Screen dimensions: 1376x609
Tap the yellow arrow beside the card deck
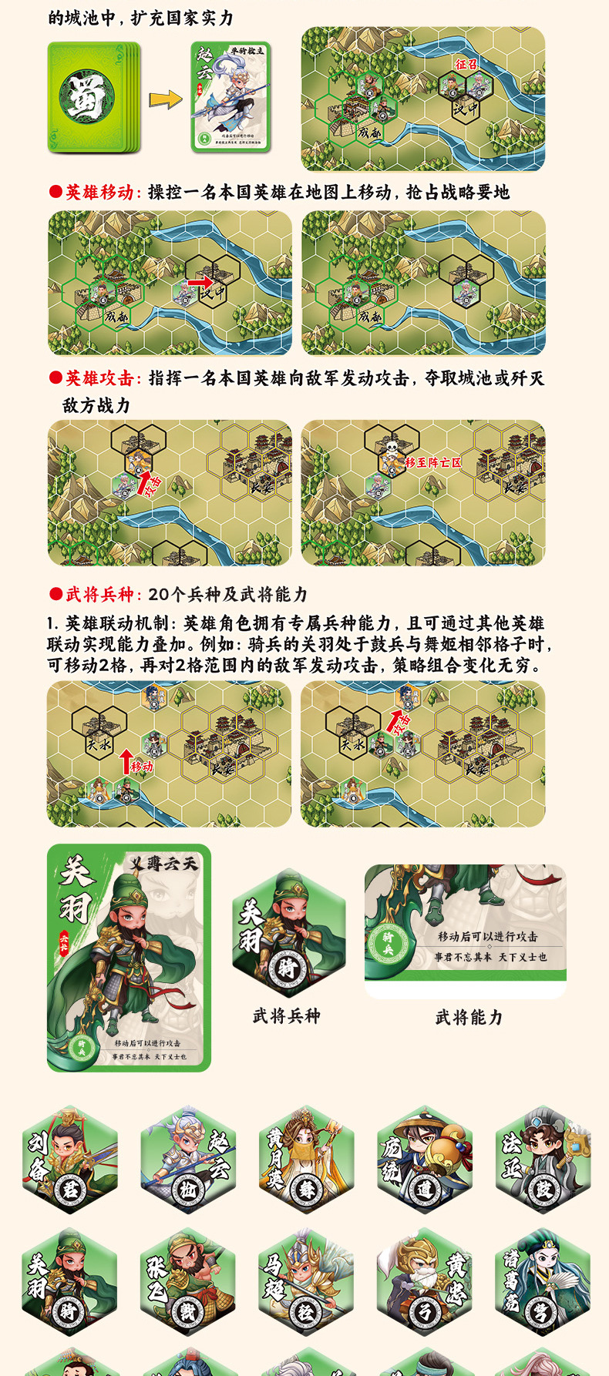165,99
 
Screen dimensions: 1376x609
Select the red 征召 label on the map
466,64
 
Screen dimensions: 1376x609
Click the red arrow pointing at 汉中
199,283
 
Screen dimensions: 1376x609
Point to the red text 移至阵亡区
432,462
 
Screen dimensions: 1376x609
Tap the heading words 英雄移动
99,192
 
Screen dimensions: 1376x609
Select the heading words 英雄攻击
99,378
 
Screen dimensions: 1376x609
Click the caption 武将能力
469,1018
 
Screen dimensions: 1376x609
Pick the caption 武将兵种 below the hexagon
286,1016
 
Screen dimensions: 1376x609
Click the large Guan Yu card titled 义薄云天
129,958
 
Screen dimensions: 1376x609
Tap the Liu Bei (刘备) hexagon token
69,1160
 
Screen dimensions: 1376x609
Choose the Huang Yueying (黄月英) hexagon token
306,1160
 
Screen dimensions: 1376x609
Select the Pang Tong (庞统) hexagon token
425,1160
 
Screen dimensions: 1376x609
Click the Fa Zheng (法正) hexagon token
543,1160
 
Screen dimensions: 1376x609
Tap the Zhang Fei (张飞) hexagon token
187,1282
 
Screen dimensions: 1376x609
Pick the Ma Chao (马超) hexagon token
306,1282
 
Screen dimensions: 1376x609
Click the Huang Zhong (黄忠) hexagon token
425,1282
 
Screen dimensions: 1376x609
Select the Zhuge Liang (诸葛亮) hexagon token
543,1282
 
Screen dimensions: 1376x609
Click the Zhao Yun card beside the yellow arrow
230,97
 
